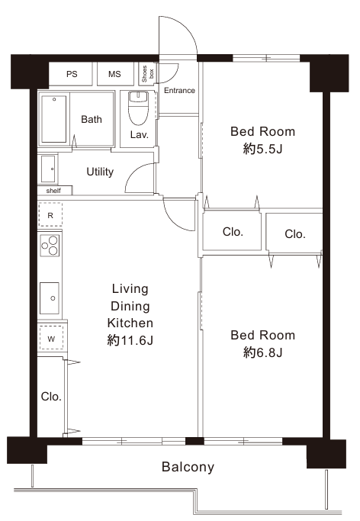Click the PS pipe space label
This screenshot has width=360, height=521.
[x=72, y=74]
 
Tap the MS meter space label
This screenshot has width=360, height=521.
[x=114, y=74]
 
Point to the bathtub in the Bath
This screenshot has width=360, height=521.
[x=53, y=119]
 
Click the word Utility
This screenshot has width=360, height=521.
[x=100, y=172]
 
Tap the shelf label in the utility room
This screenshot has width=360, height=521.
[x=53, y=191]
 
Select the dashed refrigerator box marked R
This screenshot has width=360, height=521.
[x=50, y=214]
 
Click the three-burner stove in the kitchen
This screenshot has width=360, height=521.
[x=50, y=246]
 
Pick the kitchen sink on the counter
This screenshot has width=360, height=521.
[x=50, y=298]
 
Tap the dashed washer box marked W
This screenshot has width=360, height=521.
[x=51, y=338]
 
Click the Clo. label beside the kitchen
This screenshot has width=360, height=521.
[x=51, y=396]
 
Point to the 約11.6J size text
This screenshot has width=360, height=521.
[x=130, y=340]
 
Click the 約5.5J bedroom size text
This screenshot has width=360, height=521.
[x=262, y=149]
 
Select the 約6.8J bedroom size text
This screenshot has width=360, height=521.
[x=262, y=352]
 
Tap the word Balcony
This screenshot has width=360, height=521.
[x=188, y=467]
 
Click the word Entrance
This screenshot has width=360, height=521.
[x=179, y=90]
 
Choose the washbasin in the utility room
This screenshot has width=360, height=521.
[x=48, y=169]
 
